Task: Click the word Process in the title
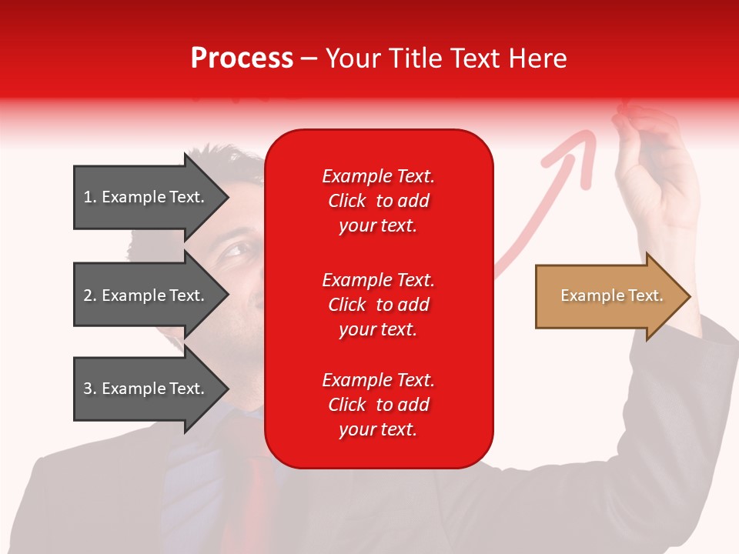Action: tap(242, 58)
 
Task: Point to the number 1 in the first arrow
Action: tap(88, 197)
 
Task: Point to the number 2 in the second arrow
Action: tap(88, 295)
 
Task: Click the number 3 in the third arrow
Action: tap(88, 389)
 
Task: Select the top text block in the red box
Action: tap(378, 201)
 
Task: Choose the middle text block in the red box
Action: tap(378, 305)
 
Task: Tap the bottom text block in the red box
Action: tap(378, 405)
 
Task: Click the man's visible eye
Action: tap(236, 251)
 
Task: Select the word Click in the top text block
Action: tap(347, 202)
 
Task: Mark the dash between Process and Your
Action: tap(309, 59)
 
